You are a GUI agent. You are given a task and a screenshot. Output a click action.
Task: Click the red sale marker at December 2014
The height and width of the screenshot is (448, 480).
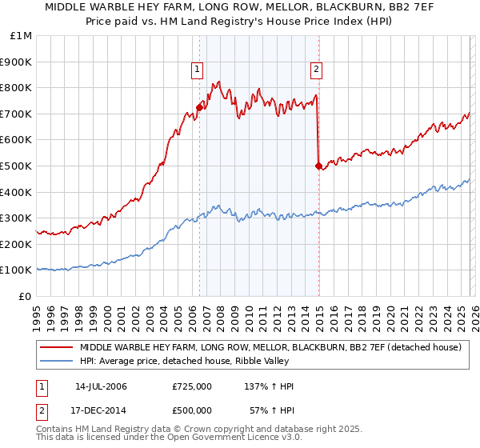coord(318,166)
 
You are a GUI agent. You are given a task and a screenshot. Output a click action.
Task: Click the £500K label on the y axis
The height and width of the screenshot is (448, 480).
coord(17,166)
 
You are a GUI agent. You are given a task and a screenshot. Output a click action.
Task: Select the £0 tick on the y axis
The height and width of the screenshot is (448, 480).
coord(25,296)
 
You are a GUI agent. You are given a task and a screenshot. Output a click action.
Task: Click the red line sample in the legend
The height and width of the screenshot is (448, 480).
coord(57,347)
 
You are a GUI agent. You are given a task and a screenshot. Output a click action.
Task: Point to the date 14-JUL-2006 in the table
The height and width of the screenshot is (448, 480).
coord(101,386)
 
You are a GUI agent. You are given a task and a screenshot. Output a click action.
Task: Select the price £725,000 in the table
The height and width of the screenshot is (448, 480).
coord(192,386)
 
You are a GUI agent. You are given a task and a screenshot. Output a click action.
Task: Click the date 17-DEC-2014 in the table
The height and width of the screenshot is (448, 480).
coord(101,410)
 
